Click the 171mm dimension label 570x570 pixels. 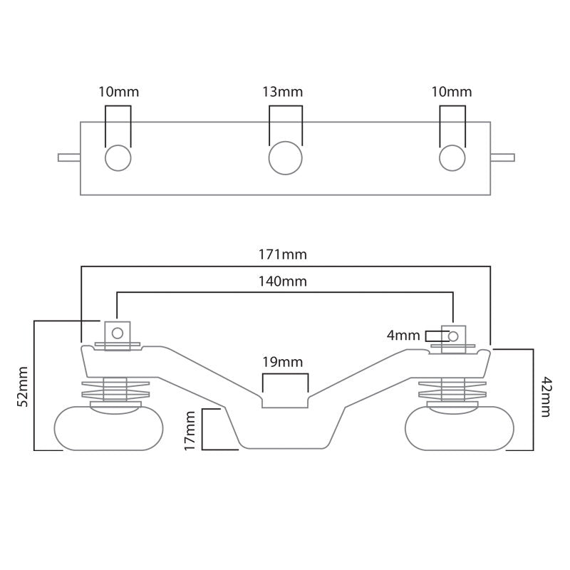(x=285, y=254)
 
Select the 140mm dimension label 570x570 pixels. (x=285, y=281)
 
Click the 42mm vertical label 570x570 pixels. (x=546, y=397)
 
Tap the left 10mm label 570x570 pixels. (x=118, y=92)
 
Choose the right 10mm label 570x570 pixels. (x=452, y=92)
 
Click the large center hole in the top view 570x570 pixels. (x=285, y=157)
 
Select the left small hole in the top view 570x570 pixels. (x=118, y=157)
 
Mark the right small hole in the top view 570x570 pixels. (x=452, y=157)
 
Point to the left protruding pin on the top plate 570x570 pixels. (x=69, y=157)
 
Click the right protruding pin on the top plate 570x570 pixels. (x=502, y=157)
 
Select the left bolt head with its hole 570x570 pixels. (x=118, y=332)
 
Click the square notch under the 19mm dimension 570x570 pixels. (x=284, y=400)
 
